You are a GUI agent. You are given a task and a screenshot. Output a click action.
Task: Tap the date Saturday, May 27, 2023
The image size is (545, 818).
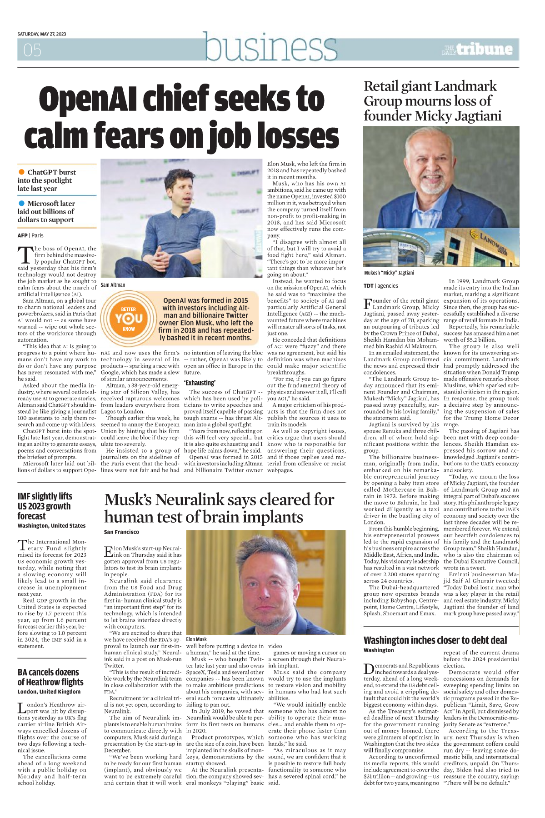point(42,34)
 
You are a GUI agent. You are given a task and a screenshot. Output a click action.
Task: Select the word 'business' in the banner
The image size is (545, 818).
point(270,48)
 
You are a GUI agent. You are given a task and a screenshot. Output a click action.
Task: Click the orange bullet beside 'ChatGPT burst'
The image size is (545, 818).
point(21,172)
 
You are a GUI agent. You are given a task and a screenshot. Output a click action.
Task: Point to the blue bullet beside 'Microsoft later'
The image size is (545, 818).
point(21,203)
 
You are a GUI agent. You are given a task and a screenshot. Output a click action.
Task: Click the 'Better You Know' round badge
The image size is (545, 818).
point(129,318)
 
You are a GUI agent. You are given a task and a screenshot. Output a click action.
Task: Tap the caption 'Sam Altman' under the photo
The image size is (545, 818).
point(113,285)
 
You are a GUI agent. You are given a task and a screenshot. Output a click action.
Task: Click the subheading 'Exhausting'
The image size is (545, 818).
point(200,383)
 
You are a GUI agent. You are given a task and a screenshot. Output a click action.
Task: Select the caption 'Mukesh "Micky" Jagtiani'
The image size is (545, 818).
point(389,273)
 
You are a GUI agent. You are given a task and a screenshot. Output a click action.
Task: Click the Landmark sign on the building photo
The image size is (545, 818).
point(495,246)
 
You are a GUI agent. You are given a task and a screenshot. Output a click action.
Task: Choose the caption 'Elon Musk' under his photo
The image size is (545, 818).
point(196,639)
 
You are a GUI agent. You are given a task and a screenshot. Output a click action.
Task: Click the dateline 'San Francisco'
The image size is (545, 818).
point(121,532)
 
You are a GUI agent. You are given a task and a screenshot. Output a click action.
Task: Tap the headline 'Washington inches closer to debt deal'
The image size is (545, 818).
point(435,640)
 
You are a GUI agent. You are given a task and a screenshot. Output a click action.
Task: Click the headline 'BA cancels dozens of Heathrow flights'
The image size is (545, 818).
point(50,677)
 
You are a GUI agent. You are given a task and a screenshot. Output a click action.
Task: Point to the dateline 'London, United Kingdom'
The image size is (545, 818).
point(49,692)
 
